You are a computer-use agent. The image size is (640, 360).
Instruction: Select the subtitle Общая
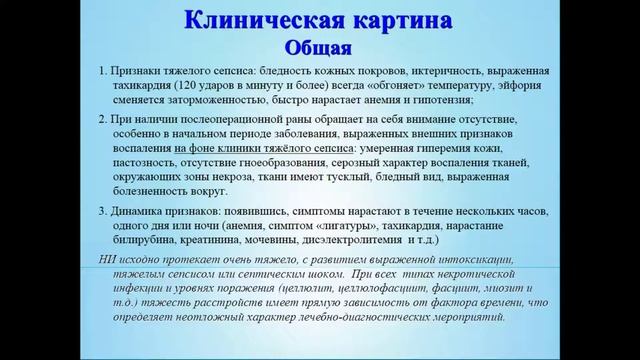(x=319, y=47)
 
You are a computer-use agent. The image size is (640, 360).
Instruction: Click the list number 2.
(x=103, y=118)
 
